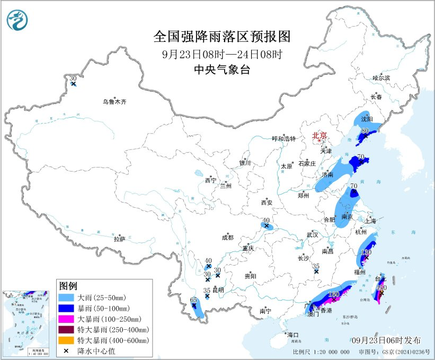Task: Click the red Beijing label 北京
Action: (x=320, y=135)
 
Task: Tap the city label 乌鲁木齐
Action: (x=115, y=101)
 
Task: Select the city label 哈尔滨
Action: (x=380, y=78)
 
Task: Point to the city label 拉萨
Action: (x=119, y=239)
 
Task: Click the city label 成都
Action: (x=228, y=238)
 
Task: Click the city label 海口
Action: (x=293, y=335)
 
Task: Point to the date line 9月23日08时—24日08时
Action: (x=222, y=54)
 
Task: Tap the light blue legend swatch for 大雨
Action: (x=68, y=297)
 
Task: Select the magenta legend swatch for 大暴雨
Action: (x=68, y=319)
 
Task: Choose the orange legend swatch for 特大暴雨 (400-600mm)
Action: (x=68, y=340)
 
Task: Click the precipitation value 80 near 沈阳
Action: (x=365, y=130)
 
